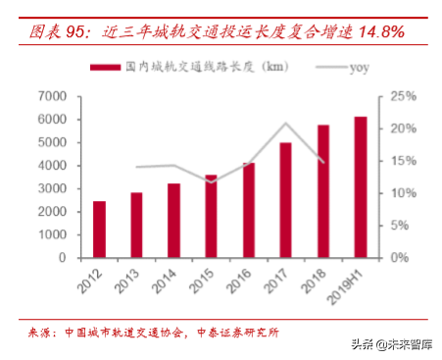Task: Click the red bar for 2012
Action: [100, 230]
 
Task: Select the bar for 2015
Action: [211, 217]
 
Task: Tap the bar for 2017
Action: [285, 200]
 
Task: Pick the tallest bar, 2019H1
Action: [361, 187]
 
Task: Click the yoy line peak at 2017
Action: [285, 124]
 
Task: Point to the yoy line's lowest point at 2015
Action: [211, 181]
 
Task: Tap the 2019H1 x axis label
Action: [348, 285]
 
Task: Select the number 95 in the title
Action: [75, 31]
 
